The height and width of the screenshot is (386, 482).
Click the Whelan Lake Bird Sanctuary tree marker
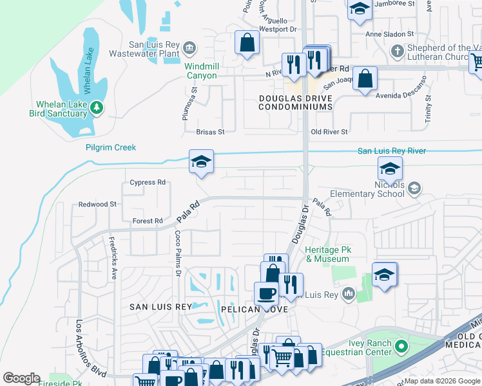pyautogui.click(x=97, y=107)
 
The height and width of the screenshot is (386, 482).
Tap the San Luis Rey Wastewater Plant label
pyautogui.click(x=154, y=50)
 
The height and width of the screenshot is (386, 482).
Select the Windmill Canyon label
pyautogui.click(x=201, y=71)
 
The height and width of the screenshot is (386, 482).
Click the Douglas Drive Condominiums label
pyautogui.click(x=296, y=102)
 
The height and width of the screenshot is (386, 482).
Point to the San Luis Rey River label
pyautogui.click(x=392, y=151)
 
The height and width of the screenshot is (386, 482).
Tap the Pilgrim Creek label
pyautogui.click(x=111, y=147)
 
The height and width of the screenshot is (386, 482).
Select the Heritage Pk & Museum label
pyautogui.click(x=327, y=254)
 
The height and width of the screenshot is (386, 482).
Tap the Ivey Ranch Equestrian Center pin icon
pyautogui.click(x=400, y=348)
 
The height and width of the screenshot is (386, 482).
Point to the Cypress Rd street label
pyautogui.click(x=148, y=182)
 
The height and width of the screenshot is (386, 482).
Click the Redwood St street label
pyautogui.click(x=97, y=204)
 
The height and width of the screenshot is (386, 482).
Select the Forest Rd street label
pyautogui.click(x=148, y=221)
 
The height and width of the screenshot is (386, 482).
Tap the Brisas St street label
pyautogui.click(x=210, y=132)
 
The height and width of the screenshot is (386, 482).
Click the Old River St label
pyautogui.click(x=329, y=131)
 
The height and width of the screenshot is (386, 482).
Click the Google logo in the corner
pyautogui.click(x=21, y=378)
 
